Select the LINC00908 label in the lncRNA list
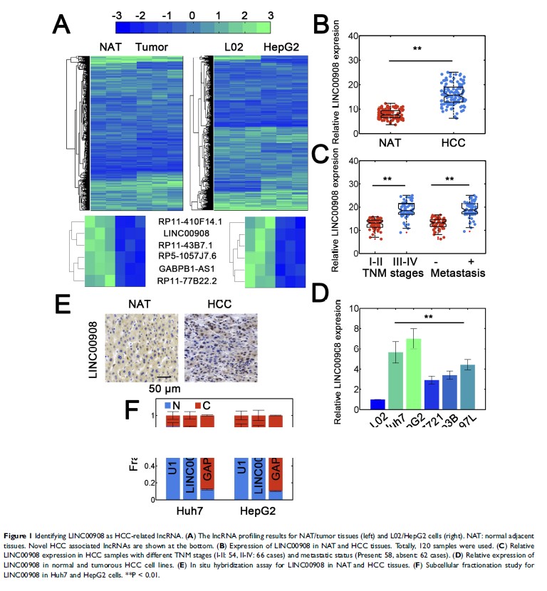click(x=189, y=233)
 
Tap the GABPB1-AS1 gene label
click(x=188, y=269)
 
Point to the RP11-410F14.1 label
click(x=189, y=221)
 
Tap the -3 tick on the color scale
click(x=118, y=14)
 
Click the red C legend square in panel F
click(x=202, y=406)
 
